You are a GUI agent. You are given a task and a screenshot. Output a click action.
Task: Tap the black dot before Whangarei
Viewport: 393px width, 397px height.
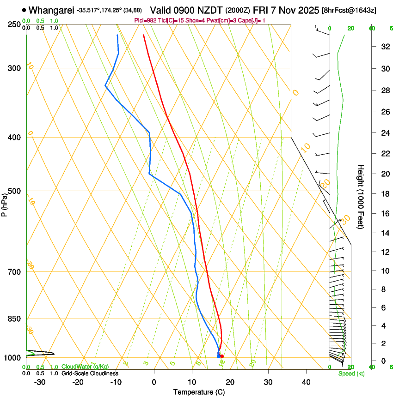[x=24, y=10]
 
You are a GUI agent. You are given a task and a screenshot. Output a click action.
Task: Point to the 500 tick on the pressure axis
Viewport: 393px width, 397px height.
[x=14, y=191]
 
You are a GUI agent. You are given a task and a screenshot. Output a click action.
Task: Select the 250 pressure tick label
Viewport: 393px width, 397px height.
[x=14, y=24]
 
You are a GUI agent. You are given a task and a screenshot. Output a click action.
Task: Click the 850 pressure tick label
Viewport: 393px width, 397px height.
[x=14, y=319]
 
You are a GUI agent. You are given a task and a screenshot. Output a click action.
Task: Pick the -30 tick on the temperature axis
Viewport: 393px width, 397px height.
[x=40, y=382]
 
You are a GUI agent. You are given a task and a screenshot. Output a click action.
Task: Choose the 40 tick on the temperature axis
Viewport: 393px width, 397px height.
[x=306, y=382]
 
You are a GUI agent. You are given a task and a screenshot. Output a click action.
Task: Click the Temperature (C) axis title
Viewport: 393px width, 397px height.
[x=199, y=392]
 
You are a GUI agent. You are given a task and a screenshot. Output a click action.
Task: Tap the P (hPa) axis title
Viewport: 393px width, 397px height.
[x=4, y=203]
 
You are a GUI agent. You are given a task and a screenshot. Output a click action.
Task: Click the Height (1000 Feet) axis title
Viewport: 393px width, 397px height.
[x=361, y=196]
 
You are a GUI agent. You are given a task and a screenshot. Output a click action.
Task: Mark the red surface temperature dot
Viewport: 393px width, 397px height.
[x=222, y=356]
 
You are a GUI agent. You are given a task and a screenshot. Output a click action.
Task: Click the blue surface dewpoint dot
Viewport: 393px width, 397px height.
[x=218, y=356]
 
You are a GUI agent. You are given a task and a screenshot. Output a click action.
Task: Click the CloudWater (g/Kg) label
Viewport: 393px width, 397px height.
[x=85, y=367]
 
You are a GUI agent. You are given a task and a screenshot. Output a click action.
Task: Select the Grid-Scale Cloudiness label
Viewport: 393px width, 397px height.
[x=90, y=373]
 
